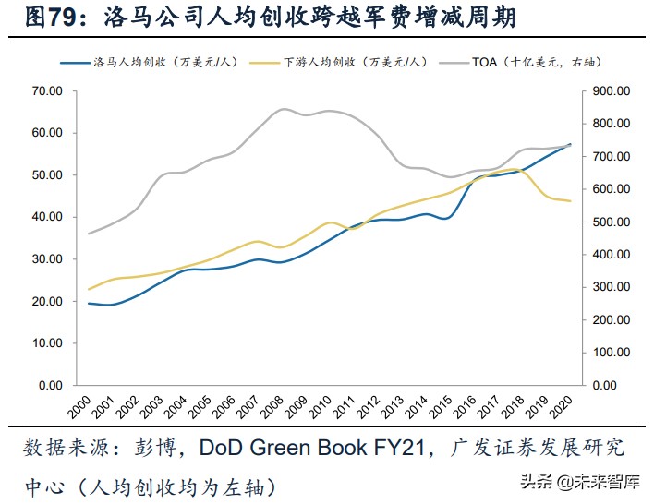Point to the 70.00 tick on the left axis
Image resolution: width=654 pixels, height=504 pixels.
click(46, 90)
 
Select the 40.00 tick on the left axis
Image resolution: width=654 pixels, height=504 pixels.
click(46, 217)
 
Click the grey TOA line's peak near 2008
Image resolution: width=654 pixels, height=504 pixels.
click(284, 109)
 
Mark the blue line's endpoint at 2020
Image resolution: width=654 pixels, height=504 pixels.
click(571, 144)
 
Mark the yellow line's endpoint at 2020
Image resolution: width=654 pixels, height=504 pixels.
click(571, 201)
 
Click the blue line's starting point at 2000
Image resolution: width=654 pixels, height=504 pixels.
click(88, 303)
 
